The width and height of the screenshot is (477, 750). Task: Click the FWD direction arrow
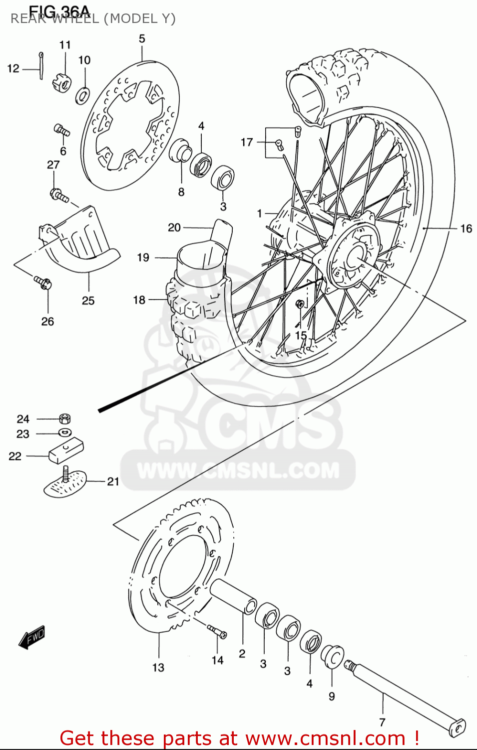[32, 637]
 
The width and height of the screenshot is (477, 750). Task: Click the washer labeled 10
[83, 95]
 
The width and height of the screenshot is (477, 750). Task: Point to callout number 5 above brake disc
[142, 39]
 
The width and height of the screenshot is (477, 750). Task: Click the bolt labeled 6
[62, 130]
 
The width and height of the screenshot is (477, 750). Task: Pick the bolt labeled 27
[59, 195]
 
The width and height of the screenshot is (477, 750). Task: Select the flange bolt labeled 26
[43, 282]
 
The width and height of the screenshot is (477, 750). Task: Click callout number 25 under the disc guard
[88, 300]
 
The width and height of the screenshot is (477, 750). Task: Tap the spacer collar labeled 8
[180, 150]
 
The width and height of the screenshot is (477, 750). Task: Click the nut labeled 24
[64, 418]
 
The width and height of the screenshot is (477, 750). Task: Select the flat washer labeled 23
[64, 432]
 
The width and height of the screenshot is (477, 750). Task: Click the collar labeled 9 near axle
[332, 656]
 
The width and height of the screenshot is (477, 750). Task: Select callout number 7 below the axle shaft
[382, 722]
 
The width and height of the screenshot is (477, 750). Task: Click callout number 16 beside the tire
[466, 228]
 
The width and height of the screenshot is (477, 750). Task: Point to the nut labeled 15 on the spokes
[300, 304]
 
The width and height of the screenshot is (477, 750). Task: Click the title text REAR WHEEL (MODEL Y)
[93, 18]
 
